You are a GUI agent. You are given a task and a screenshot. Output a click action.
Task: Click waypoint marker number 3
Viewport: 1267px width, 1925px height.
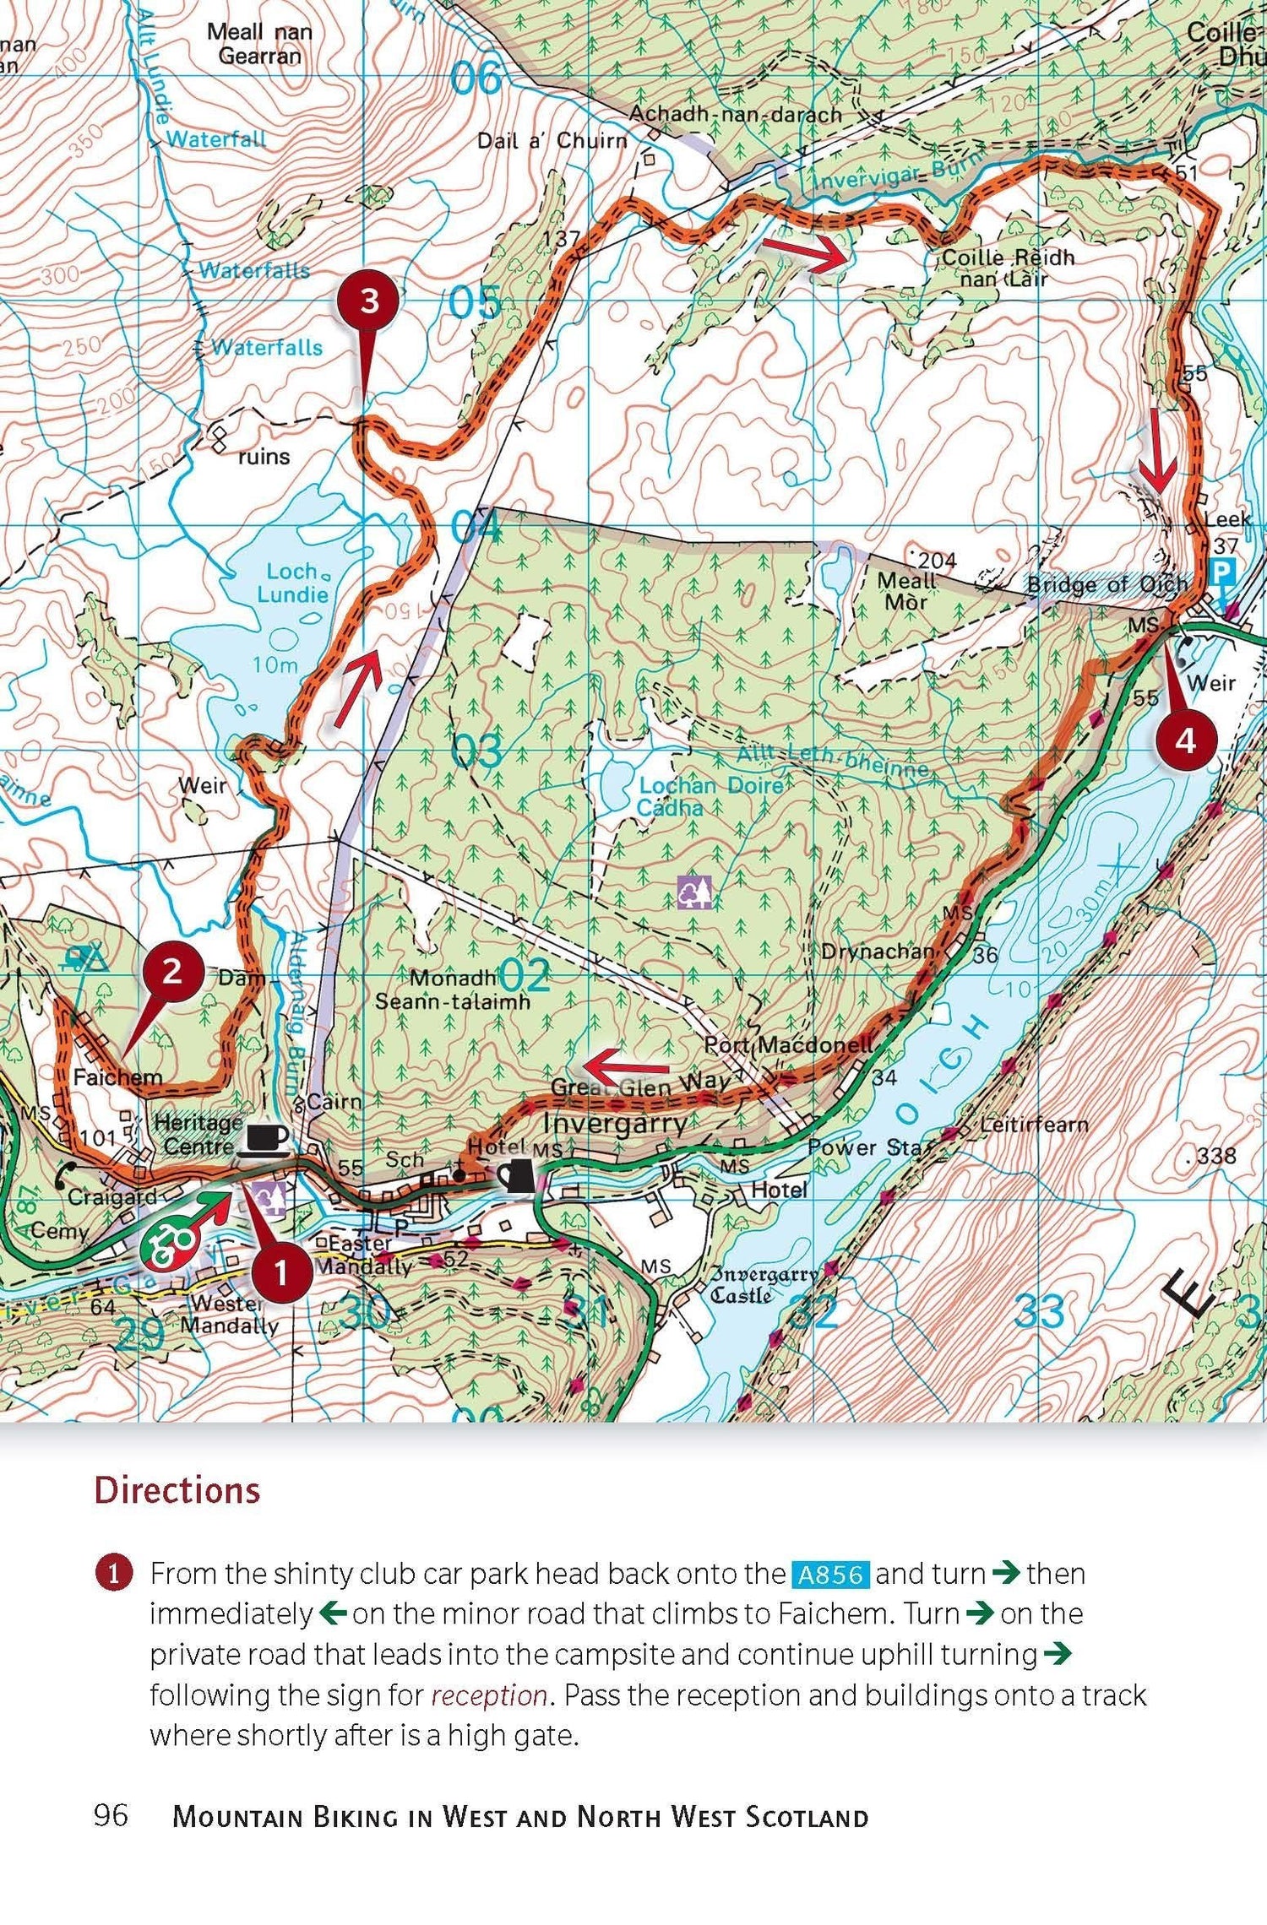(369, 301)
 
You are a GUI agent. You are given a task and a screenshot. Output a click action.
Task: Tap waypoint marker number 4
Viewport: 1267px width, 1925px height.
(1186, 740)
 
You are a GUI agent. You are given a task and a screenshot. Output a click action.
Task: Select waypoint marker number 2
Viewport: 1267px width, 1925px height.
(172, 972)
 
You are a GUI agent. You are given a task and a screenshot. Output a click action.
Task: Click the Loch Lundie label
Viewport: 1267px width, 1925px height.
(292, 583)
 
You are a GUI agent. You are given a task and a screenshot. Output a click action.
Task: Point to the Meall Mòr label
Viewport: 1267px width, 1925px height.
(906, 591)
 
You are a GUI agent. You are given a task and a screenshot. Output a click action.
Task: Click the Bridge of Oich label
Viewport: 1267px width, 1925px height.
(1107, 584)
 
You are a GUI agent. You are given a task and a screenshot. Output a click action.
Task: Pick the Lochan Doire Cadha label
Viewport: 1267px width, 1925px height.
(688, 795)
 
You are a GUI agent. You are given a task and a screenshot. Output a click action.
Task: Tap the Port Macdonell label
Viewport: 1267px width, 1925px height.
(788, 1045)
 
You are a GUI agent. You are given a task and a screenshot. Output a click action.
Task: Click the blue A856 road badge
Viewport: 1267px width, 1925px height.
(830, 1575)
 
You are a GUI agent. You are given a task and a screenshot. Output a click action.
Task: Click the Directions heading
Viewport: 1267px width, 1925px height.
(177, 1490)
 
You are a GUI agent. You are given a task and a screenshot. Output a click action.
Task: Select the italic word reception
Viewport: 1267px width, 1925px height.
(489, 1695)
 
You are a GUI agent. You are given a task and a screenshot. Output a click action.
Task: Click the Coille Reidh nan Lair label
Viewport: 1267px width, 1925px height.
(1006, 268)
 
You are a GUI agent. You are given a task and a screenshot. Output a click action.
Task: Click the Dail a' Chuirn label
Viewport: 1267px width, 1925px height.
(552, 140)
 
